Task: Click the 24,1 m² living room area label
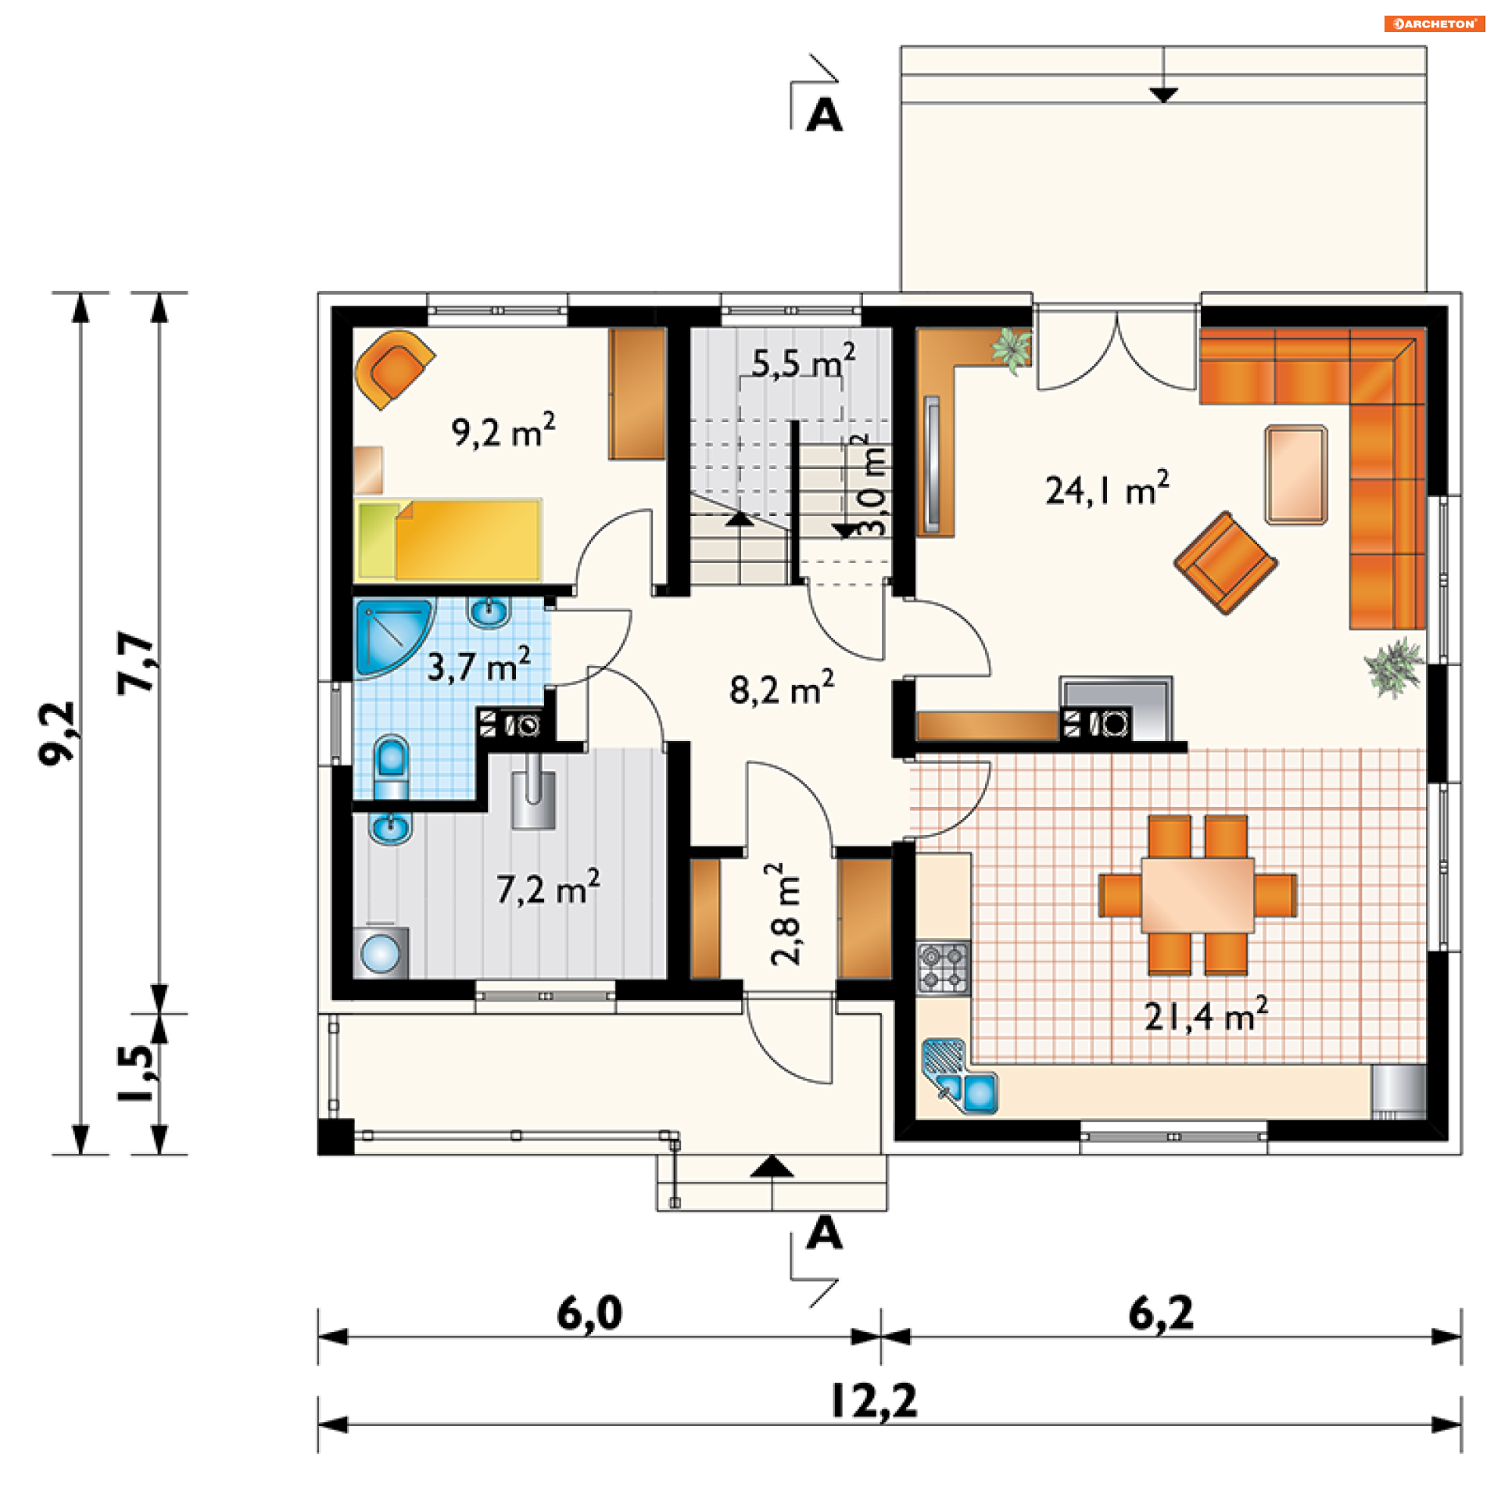(1107, 489)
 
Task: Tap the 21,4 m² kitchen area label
(1205, 1015)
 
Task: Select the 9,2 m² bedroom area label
(503, 431)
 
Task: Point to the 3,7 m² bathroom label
(478, 665)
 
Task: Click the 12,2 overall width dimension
(874, 1401)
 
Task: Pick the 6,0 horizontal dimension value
(589, 1313)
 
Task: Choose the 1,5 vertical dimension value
(136, 1073)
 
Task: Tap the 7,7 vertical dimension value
(136, 663)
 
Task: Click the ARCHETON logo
(1435, 23)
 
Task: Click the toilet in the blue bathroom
(392, 767)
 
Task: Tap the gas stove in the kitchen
(943, 967)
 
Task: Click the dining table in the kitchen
(1198, 895)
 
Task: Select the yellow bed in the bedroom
(449, 540)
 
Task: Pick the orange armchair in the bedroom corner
(395, 369)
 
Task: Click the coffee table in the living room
(1296, 475)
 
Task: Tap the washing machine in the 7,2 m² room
(381, 952)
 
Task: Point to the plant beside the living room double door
(1012, 349)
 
